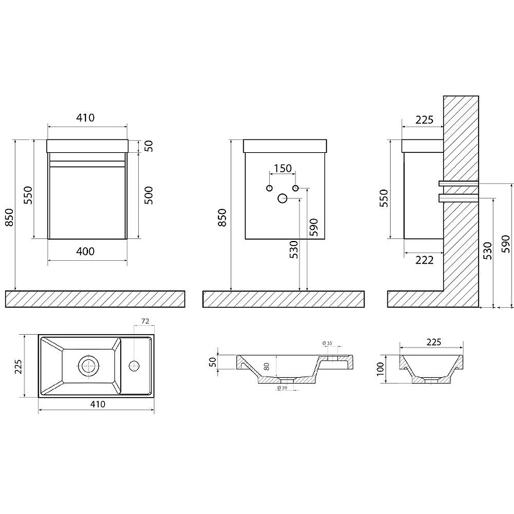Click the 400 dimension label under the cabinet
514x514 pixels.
tap(85, 251)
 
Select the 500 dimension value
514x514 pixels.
tap(148, 195)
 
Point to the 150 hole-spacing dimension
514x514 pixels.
tap(283, 168)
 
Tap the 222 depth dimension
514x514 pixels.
tap(425, 260)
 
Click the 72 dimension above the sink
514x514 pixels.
tap(145, 321)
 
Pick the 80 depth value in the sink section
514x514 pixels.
tap(267, 366)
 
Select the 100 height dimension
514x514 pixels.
tap(380, 369)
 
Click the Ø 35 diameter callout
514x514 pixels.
tap(327, 343)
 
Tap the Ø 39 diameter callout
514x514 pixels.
tap(283, 387)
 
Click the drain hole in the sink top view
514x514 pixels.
tap(88, 366)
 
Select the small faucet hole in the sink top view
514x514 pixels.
tap(134, 366)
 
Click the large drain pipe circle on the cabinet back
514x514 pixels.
tap(282, 198)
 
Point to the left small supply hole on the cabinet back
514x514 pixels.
tap(269, 188)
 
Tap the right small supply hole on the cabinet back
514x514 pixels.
tap(296, 188)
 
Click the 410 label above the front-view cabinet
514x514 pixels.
tap(85, 118)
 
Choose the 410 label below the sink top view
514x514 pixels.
tap(98, 404)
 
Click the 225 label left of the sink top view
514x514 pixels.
tap(18, 366)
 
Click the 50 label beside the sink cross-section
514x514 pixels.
tap(213, 362)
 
